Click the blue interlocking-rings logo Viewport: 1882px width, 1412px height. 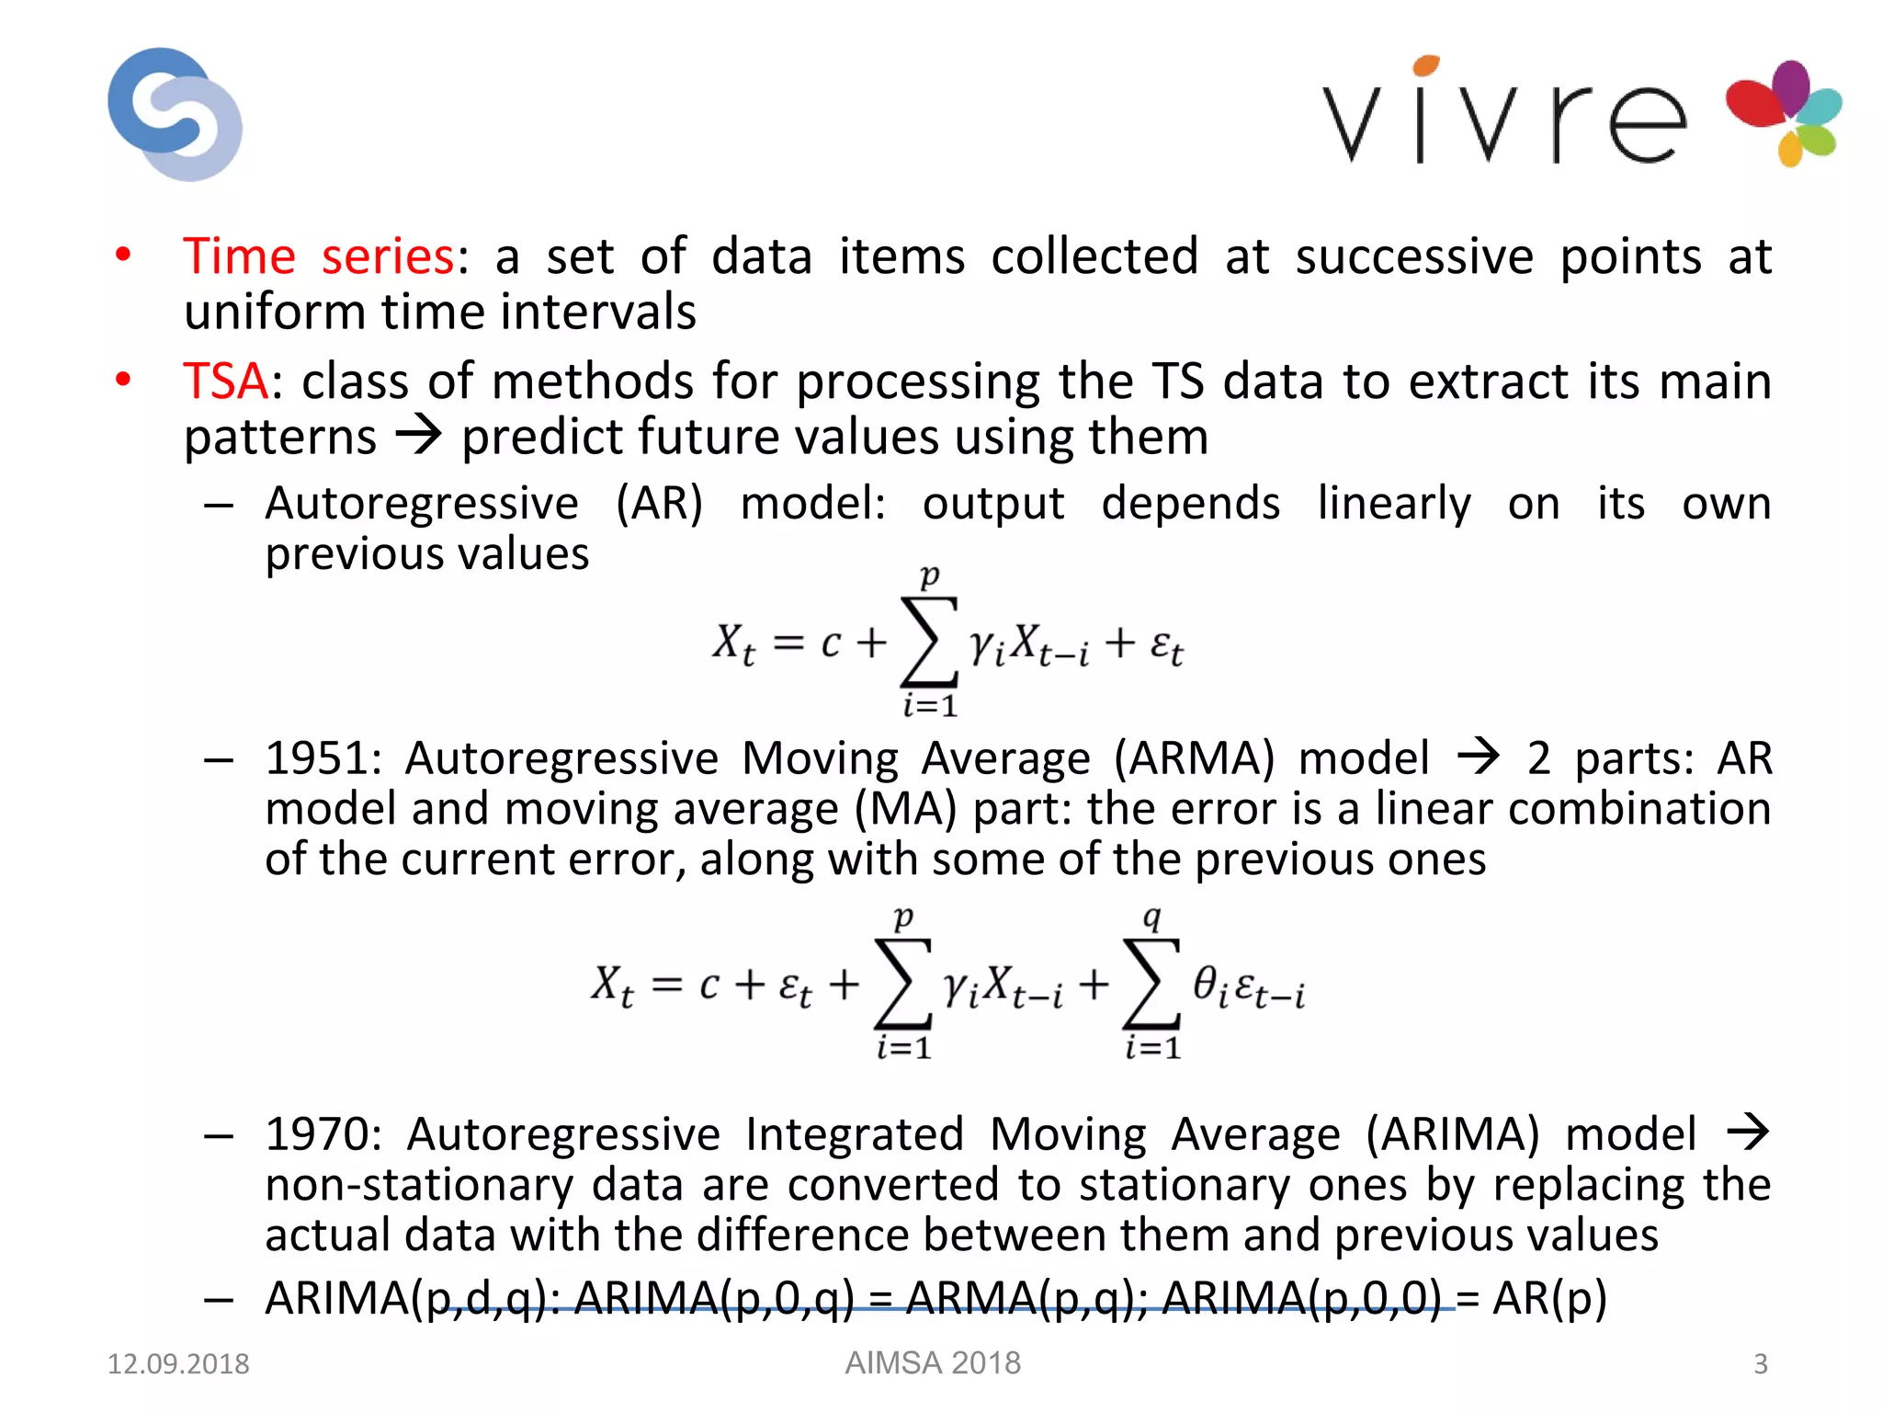pyautogui.click(x=175, y=114)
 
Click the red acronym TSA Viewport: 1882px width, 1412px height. pyautogui.click(x=225, y=381)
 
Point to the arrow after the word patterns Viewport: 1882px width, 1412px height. pyautogui.click(x=419, y=435)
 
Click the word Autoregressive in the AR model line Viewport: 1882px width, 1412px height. pyautogui.click(x=422, y=504)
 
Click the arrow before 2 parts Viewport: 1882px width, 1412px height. pyautogui.click(x=1479, y=757)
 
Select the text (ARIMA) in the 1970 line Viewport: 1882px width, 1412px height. pyautogui.click(x=1452, y=1133)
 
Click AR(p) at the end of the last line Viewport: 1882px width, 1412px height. pyautogui.click(x=1549, y=1298)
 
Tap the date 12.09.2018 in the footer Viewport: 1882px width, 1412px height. pyautogui.click(x=178, y=1363)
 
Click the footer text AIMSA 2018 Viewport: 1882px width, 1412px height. pyautogui.click(x=933, y=1362)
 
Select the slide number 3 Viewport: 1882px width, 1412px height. pyautogui.click(x=1760, y=1363)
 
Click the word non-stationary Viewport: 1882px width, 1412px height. pyautogui.click(x=418, y=1184)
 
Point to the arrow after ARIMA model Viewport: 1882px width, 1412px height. pyautogui.click(x=1747, y=1132)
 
